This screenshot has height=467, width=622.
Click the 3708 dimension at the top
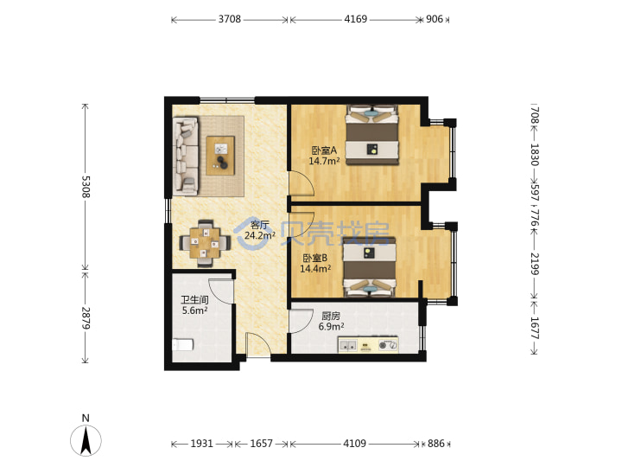pos(229,19)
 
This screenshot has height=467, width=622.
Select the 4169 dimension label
pos(355,19)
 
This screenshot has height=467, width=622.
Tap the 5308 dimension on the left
pos(86,187)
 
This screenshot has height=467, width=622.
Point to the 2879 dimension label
pos(86,318)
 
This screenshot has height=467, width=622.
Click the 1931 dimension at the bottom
pos(202,443)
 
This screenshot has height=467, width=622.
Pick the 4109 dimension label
pos(355,443)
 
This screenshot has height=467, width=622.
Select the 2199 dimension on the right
pos(535,264)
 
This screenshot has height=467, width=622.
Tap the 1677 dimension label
pos(535,328)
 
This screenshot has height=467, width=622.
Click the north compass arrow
pos(86,440)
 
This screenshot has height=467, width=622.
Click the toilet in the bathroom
pos(183,344)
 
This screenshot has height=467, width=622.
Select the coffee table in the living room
pos(220,156)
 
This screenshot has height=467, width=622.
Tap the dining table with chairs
pos(205,243)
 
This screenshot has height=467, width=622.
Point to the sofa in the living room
pos(185,156)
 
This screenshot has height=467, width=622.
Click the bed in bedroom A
pos(371,135)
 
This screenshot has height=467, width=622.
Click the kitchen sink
pos(348,345)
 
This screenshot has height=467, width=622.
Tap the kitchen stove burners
pos(388,345)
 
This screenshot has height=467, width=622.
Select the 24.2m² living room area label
pos(260,235)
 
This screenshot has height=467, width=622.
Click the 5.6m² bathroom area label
pos(194,310)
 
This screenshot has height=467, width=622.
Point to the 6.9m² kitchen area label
pos(331,326)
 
